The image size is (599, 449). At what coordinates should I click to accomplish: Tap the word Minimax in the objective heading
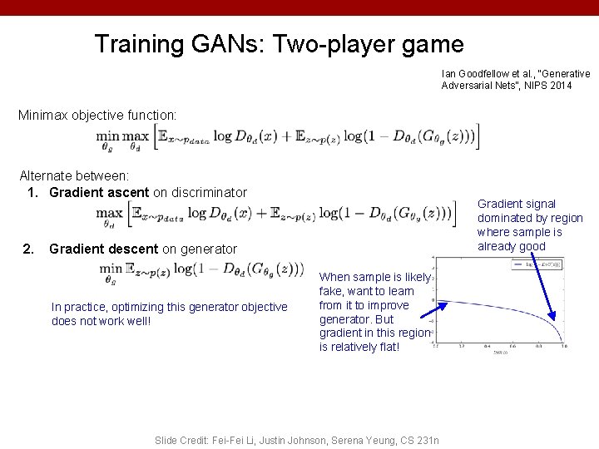45,113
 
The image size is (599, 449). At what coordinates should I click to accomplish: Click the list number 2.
29,249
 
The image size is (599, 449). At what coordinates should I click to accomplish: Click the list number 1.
32,193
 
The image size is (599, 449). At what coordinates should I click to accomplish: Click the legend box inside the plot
537,265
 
